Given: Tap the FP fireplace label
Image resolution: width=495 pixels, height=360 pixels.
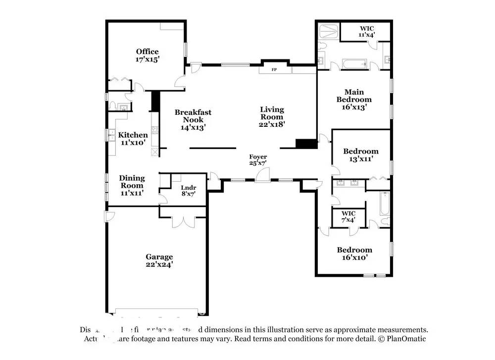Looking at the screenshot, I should point(274,70).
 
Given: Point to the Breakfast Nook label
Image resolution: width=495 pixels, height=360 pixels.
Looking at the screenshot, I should point(193,116).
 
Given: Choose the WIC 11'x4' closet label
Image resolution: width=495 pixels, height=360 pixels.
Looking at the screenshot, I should point(367,32).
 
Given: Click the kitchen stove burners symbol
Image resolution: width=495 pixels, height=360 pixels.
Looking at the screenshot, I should point(155,131).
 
